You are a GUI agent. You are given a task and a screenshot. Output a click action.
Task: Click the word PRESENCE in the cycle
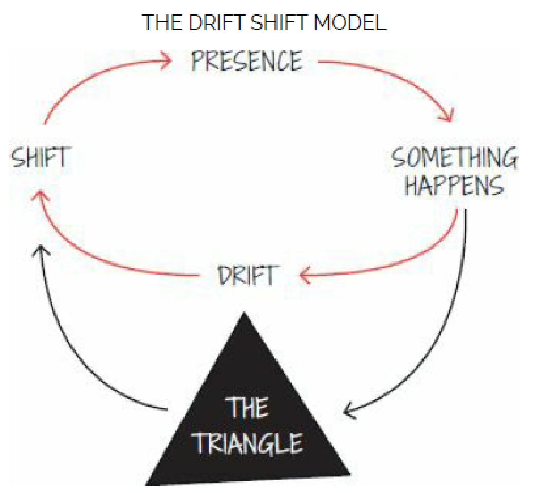point(247,62)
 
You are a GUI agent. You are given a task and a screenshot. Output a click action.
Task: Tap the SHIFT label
point(40,157)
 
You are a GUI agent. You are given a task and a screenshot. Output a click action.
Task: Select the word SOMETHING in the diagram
point(454,158)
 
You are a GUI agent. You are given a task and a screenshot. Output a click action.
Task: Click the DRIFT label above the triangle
point(247,276)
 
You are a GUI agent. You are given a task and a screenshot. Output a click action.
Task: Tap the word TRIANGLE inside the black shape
point(248,443)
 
